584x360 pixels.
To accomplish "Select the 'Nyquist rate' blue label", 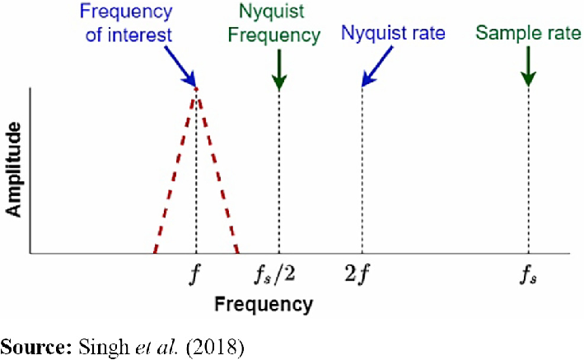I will (x=394, y=34).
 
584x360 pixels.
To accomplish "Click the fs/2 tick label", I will (x=279, y=273).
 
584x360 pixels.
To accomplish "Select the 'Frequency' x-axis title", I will (x=264, y=304).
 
